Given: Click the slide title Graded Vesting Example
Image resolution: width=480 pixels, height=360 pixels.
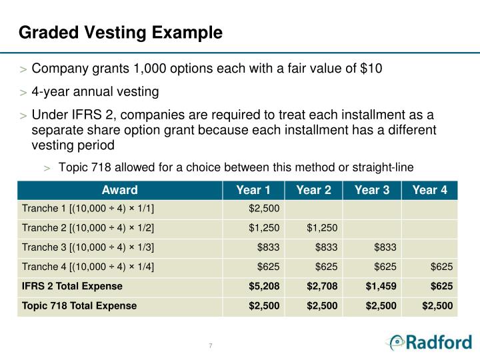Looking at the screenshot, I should point(120,32).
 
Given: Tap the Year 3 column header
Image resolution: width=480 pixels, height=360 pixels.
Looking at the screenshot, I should point(372,190).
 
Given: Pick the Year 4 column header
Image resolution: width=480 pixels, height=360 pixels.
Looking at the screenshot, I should point(430,190).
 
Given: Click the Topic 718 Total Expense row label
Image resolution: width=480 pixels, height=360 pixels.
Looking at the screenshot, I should point(79,305).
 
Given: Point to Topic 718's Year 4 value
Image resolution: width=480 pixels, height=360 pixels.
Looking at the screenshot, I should point(438,305).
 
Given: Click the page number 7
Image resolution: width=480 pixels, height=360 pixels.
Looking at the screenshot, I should point(211,345).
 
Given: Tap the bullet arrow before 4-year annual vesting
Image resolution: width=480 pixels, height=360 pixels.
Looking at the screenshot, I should point(24,92).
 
